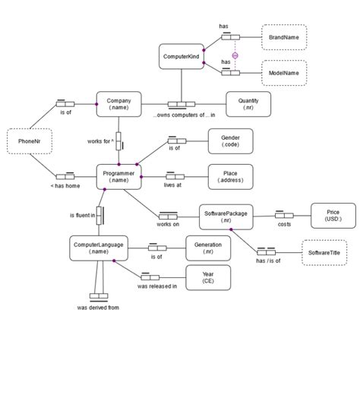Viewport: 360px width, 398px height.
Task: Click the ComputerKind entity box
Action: coord(181,56)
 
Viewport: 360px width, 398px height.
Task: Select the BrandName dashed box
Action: coord(284,36)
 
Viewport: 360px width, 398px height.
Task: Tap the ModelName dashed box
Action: coord(284,73)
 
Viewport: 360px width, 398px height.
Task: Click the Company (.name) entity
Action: coord(119,104)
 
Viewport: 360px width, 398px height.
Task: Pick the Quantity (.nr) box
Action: coord(248,104)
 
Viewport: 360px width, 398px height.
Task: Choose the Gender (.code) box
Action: coord(230,141)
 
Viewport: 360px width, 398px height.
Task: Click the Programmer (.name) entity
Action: coord(119,177)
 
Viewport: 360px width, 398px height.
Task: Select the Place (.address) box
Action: coord(230,177)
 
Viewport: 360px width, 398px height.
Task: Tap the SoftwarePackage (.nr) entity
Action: coord(226,216)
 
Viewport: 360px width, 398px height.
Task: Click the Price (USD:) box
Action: coord(333,216)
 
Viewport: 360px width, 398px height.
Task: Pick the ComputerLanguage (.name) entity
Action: coord(97,248)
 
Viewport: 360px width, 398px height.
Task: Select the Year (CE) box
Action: coord(208,277)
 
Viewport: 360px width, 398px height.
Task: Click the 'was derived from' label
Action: coord(98,308)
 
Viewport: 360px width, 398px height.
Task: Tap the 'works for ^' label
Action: coord(100,141)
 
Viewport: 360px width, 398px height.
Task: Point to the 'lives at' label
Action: coord(174,185)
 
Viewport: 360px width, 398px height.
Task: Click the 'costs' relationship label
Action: coord(284,225)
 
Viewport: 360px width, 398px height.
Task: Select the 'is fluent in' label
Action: coord(82,216)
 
